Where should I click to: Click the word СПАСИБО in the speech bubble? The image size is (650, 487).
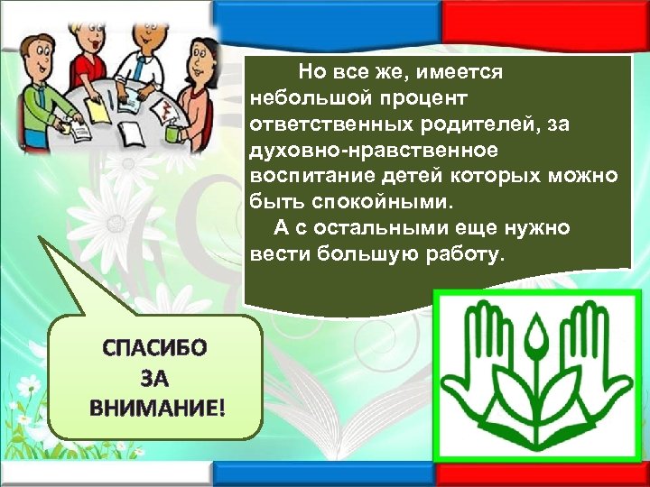click(x=155, y=346)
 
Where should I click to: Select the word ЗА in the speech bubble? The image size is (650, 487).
click(x=155, y=377)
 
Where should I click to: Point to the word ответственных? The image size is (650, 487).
click(x=329, y=122)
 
